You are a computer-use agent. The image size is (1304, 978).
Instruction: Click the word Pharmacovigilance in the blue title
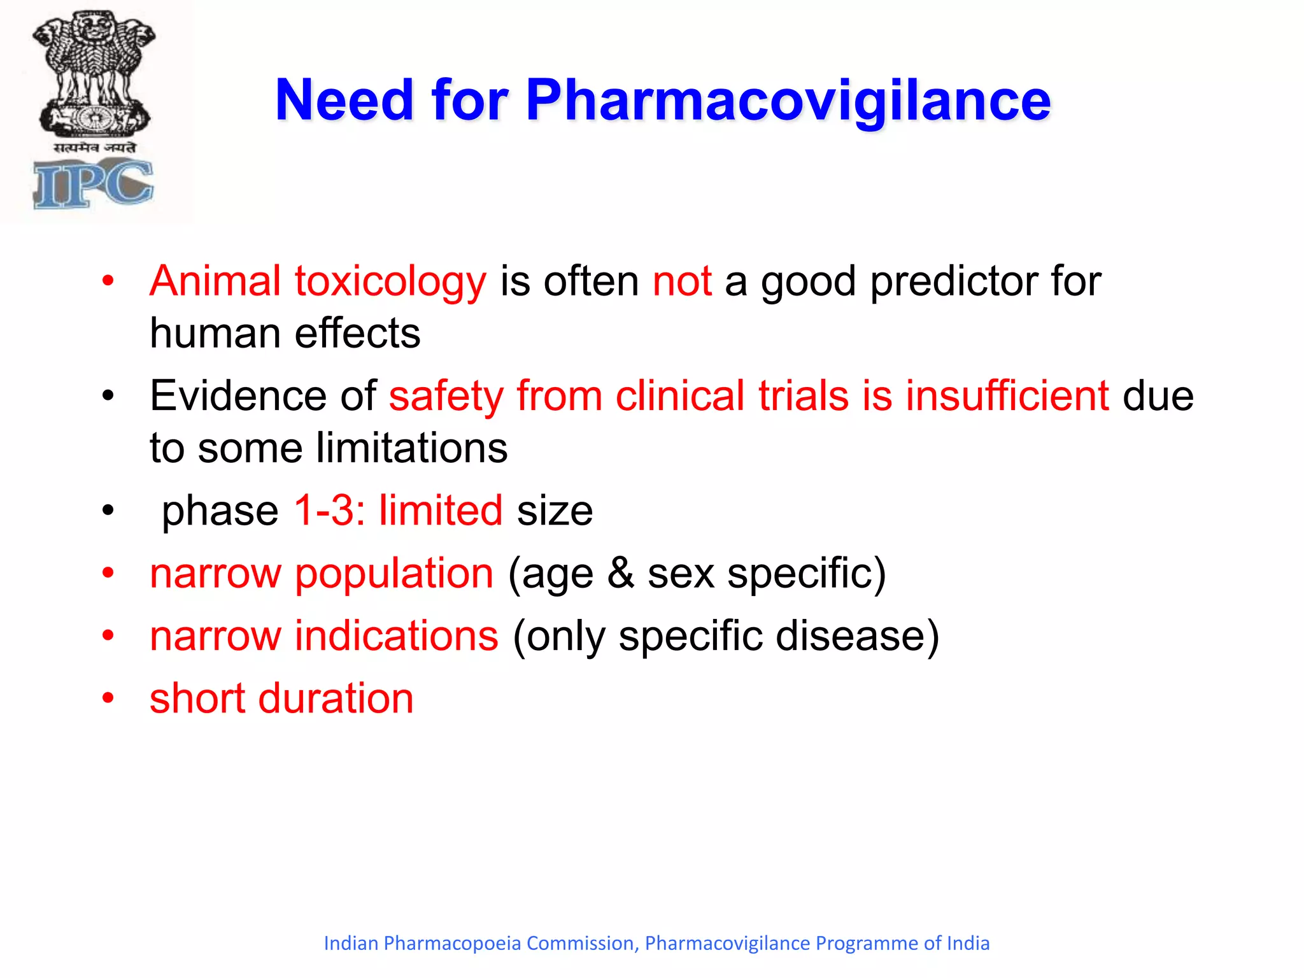point(788,101)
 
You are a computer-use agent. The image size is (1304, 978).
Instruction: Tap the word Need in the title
point(344,101)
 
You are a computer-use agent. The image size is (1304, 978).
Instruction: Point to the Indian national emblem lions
point(94,64)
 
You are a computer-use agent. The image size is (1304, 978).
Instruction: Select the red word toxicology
point(390,281)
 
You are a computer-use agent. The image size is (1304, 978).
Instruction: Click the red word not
point(682,281)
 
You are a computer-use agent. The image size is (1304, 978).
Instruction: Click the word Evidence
point(238,396)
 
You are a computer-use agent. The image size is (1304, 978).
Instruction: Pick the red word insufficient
point(1007,396)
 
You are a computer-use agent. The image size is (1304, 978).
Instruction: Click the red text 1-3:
point(329,511)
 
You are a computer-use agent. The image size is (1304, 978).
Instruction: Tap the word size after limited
point(555,511)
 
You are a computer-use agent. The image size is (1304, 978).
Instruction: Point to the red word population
point(394,574)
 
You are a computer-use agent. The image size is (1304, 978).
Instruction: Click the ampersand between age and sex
point(621,574)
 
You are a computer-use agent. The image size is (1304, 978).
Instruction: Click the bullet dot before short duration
point(108,698)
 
